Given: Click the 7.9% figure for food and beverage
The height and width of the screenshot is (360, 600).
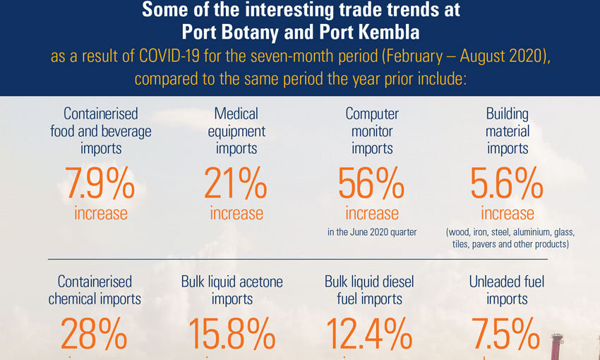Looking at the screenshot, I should coord(100,184).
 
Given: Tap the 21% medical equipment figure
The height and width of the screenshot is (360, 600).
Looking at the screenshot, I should coord(236,184).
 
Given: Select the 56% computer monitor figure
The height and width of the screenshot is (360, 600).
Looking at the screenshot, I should coord(371,184).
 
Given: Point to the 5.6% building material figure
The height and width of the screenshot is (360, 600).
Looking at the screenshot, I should coord(507,184).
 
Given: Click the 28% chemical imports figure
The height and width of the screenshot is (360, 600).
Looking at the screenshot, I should coord(95,334).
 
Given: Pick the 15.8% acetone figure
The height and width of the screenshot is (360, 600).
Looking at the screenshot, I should coord(232,334).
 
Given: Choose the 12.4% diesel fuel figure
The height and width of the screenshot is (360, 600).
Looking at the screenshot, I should coord(368,334).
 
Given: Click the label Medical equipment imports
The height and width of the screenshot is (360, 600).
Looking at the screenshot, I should coord(236,131).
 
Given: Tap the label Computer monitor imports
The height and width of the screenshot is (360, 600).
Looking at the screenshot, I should coord(372,131).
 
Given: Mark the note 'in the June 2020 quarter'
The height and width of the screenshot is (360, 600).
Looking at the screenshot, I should coord(371,231).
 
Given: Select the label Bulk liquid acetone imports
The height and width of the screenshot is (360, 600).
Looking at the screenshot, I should coord(232,290).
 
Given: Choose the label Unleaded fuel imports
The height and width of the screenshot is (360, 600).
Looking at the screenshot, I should coord(507,290).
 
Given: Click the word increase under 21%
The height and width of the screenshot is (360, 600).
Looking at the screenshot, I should coord(236,213).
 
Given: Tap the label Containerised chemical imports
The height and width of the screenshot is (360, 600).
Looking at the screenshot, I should coord(95,290).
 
